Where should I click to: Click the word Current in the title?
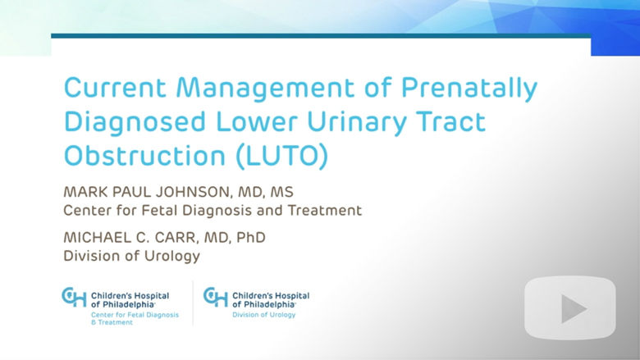point(115,87)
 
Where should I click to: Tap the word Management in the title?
point(265,89)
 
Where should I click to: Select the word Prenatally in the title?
point(469,89)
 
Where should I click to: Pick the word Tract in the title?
point(450,121)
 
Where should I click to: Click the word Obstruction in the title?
point(145,156)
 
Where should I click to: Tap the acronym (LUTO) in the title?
point(282,157)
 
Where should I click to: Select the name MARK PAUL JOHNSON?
point(147,192)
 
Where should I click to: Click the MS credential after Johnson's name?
point(281,192)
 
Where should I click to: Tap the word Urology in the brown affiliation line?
point(172,257)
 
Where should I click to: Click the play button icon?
point(570,308)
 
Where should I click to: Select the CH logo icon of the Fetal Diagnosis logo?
point(74,296)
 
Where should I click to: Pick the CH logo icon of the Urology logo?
point(216,296)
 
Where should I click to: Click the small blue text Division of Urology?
point(263,315)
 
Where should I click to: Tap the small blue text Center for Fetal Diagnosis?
point(135,315)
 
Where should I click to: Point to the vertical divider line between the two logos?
point(193,303)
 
